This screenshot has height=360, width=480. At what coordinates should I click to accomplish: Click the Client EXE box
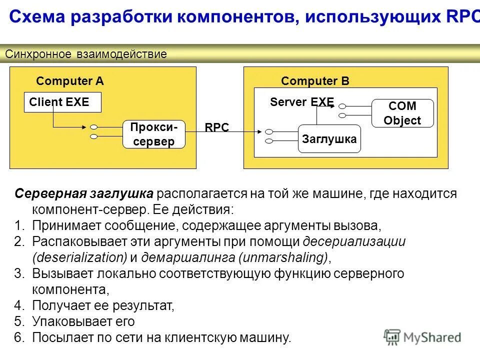tap(63, 102)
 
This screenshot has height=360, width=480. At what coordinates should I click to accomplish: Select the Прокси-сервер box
tap(153, 134)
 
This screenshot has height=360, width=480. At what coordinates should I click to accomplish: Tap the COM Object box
tap(402, 113)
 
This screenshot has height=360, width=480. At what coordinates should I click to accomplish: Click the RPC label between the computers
tap(216, 127)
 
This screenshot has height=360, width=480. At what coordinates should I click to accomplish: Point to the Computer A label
tap(70, 81)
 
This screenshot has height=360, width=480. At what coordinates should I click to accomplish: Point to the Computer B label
tap(315, 81)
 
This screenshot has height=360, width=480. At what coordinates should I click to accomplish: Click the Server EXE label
tap(301, 102)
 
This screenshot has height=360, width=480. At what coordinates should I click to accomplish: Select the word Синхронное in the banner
tap(38, 54)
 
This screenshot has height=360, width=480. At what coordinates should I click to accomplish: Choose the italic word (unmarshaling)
tap(284, 257)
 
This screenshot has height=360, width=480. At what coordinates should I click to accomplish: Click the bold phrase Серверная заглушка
tap(83, 193)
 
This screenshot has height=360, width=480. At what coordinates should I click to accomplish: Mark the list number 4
tap(19, 305)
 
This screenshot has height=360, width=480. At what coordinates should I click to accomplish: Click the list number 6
tap(19, 337)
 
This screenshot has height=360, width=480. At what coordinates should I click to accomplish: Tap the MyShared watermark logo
tap(422, 336)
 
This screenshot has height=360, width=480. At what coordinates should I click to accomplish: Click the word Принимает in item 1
tap(67, 225)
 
